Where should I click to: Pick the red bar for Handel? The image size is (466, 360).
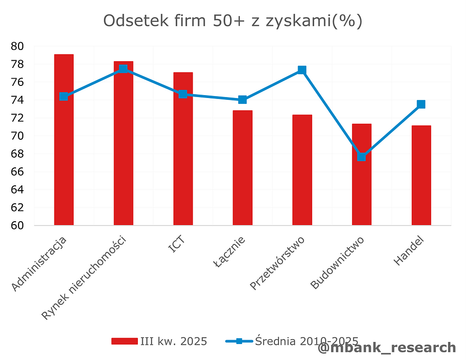[421, 175]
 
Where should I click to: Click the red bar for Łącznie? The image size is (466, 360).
[242, 168]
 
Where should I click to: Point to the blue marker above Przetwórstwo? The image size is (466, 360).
[302, 70]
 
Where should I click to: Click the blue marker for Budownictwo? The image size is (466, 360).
[362, 156]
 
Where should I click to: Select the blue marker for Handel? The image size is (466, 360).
[421, 104]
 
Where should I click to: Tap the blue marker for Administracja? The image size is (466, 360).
[64, 97]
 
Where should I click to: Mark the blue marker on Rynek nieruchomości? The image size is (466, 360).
[123, 69]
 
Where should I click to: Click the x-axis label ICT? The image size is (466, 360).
[176, 245]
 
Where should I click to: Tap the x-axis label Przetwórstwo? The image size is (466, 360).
[278, 262]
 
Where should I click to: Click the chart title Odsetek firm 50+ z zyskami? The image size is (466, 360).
[233, 21]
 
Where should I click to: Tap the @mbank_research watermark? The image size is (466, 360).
[387, 348]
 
